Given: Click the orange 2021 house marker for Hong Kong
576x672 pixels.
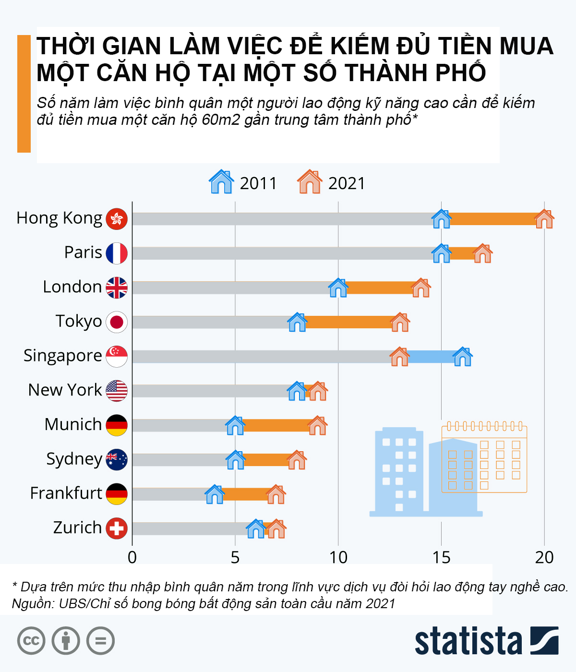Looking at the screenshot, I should click(544, 219).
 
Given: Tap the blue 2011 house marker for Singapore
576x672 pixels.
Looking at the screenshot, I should click(463, 357).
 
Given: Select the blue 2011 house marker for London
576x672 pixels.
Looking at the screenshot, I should click(338, 288).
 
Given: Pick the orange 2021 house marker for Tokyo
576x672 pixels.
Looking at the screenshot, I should click(400, 322).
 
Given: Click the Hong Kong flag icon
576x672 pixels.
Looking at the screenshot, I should click(117, 219).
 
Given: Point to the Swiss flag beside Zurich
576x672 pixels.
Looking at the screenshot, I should click(117, 528).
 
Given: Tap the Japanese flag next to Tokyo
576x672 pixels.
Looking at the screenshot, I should click(117, 322).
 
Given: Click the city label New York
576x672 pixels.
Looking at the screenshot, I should click(65, 390).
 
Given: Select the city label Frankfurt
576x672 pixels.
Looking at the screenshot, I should click(66, 493).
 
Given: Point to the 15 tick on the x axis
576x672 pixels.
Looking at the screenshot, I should click(441, 557).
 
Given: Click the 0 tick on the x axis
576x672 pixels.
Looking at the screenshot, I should click(132, 557).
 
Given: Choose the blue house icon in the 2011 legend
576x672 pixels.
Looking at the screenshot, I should click(221, 182).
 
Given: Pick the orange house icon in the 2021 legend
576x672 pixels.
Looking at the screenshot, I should click(310, 182).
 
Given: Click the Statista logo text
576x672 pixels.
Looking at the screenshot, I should click(468, 641).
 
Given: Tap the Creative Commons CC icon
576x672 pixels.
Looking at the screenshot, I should click(31, 641).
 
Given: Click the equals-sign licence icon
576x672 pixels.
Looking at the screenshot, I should click(101, 641).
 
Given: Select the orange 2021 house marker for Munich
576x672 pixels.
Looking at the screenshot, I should click(317, 426).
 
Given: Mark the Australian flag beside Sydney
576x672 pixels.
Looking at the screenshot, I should click(117, 460).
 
